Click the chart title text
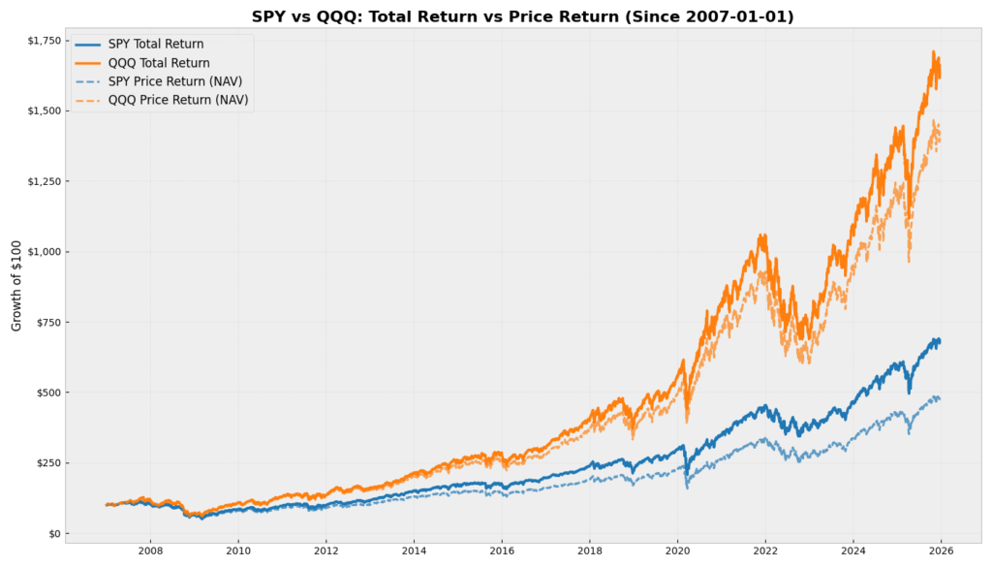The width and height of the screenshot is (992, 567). [x=522, y=16]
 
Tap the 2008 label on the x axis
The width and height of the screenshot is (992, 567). [x=150, y=549]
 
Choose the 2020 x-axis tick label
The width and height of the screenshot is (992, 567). [x=677, y=549]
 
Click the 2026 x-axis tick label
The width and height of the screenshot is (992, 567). [x=941, y=549]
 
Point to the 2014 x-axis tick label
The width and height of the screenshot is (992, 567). [x=414, y=549]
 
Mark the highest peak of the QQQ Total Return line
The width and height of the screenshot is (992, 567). [x=934, y=51]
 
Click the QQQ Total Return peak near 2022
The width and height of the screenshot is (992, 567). [x=763, y=235]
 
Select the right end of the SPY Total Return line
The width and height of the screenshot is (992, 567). [x=940, y=340]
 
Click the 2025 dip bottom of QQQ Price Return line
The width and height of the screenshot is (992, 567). [x=909, y=262]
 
